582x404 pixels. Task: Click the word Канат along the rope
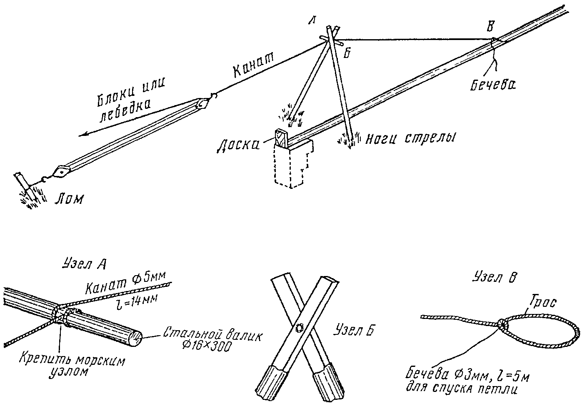tap(254, 65)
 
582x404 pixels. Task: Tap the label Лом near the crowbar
tap(69, 199)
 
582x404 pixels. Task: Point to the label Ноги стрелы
tap(410, 139)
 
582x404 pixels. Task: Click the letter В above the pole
tap(490, 26)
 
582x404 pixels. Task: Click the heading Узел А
tap(84, 264)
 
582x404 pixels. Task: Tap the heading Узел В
tap(494, 277)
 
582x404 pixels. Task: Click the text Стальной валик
tap(212, 336)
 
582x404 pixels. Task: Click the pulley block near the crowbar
tap(61, 172)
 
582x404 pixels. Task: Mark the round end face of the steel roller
tap(135, 339)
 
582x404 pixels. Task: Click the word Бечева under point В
tap(493, 85)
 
